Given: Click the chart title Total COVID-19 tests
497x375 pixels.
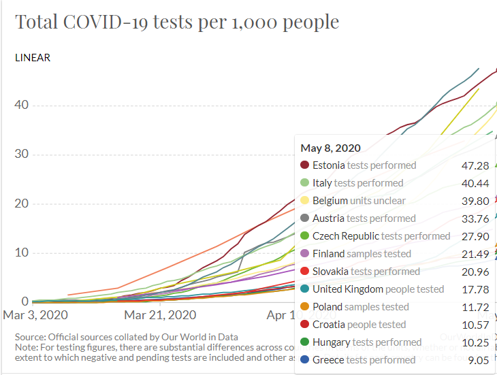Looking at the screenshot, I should pos(177,22).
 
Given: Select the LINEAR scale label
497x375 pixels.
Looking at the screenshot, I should pos(33,58).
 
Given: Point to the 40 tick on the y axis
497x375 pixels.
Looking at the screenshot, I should pos(22,105).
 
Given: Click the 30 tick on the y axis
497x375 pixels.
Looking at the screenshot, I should pos(22,154).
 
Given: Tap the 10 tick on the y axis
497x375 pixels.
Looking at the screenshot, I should pos(22,252).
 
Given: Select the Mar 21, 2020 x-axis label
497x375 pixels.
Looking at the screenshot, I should pos(160,315).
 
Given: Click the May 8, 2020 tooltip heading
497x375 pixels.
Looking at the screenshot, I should pos(331,148).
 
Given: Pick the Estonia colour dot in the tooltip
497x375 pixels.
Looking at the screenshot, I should pos(305,165).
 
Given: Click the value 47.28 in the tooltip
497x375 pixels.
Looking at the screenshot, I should pos(475,165).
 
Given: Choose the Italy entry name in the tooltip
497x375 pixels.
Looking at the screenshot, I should pos(322,183).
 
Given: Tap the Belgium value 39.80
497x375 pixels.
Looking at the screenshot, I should pos(475,201).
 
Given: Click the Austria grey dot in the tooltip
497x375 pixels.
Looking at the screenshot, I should pos(305,218).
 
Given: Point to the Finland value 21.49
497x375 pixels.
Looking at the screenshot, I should pos(475,254).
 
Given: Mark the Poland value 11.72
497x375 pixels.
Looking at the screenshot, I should pos(475,307).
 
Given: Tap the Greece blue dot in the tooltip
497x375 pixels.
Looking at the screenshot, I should pos(305,360).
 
